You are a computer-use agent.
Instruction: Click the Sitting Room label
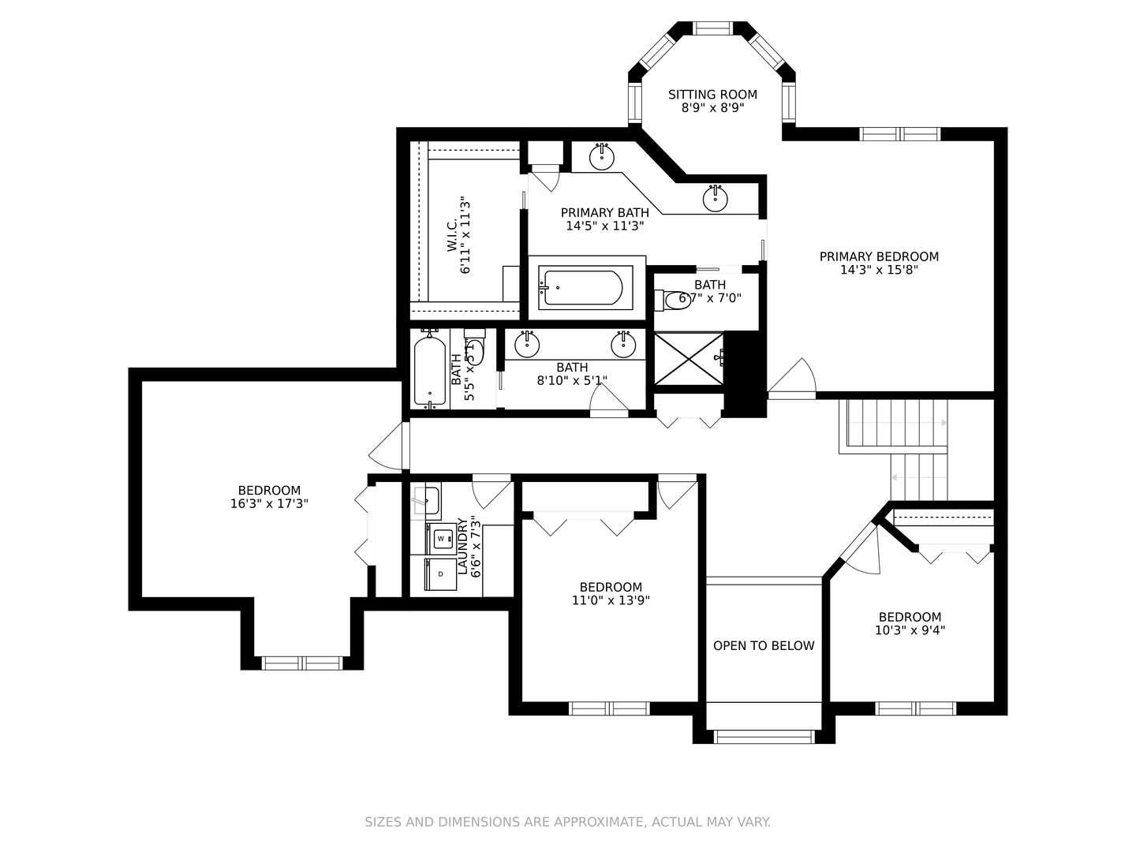point(712,95)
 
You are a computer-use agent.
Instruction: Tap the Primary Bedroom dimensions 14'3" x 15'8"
point(879,270)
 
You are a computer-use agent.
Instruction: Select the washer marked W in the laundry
point(441,539)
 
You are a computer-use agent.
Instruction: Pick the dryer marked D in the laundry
point(440,574)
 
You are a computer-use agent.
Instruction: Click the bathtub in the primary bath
point(585,288)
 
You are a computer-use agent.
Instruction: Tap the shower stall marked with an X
point(689,359)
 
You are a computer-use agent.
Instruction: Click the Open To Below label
point(764,645)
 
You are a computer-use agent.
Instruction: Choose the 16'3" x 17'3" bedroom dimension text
point(269,503)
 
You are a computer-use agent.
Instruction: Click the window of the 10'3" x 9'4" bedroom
point(916,708)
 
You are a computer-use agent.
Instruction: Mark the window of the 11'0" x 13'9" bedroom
point(609,708)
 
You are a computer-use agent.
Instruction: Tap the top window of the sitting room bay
point(712,28)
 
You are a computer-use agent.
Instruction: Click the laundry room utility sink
point(427,501)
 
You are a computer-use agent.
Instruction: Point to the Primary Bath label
point(605,213)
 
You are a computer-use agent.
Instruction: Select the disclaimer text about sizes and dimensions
point(568,822)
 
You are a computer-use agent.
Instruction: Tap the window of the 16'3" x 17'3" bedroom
point(302,663)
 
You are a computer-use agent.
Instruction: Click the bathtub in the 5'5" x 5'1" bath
point(430,371)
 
